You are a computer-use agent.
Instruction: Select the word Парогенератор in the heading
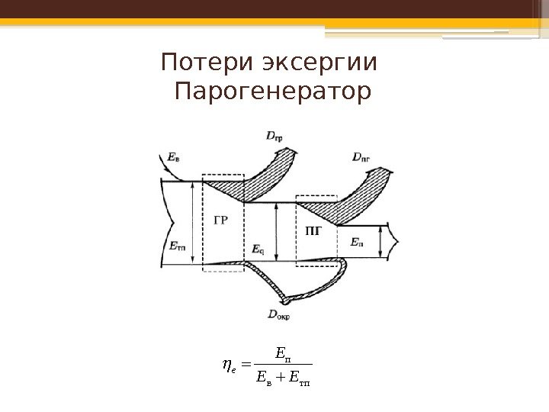coord(272,94)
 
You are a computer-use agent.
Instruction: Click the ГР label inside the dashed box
coord(220,223)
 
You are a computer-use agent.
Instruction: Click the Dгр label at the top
coord(277,137)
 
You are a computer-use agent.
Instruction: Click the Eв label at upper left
coord(174,158)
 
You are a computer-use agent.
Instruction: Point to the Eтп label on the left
coord(176,246)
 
